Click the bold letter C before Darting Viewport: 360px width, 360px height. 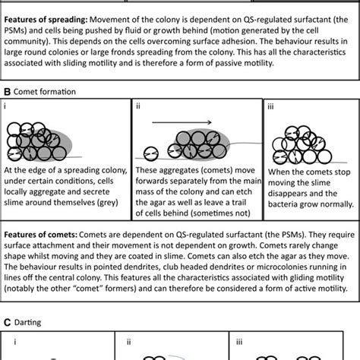(x=6, y=322)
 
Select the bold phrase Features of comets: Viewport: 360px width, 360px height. (x=43, y=229)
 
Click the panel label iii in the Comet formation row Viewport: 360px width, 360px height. (x=270, y=107)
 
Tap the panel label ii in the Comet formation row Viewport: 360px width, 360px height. (x=137, y=107)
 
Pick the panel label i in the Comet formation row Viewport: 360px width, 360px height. (x=6, y=107)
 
